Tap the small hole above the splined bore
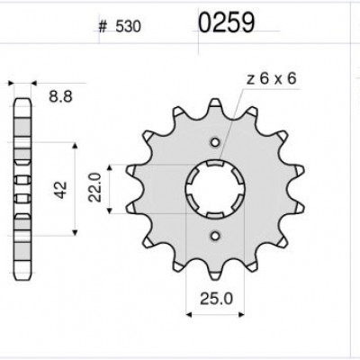[215, 140]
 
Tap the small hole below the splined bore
[215, 236]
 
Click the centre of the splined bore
[215, 188]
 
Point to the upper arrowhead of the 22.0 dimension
[110, 168]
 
